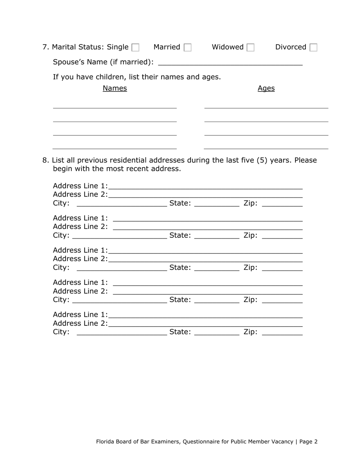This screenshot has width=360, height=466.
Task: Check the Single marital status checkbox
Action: pyautogui.click(x=135, y=48)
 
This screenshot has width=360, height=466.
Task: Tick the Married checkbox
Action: pyautogui.click(x=187, y=48)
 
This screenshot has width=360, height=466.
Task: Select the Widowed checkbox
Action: pyautogui.click(x=250, y=48)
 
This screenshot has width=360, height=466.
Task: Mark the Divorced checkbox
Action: pyautogui.click(x=313, y=48)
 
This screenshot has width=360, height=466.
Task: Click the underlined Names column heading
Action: pyautogui.click(x=115, y=88)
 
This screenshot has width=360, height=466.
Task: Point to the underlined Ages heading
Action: pyautogui.click(x=266, y=88)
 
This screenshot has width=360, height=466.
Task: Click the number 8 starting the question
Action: pyautogui.click(x=45, y=160)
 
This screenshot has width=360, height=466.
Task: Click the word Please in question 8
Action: pyautogui.click(x=305, y=160)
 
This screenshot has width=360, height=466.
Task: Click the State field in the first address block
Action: pyautogui.click(x=217, y=203)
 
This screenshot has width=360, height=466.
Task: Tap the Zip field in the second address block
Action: pyautogui.click(x=282, y=236)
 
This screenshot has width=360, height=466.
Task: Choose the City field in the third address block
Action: pyautogui.click(x=122, y=268)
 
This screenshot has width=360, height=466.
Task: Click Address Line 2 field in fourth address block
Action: pyautogui.click(x=208, y=291)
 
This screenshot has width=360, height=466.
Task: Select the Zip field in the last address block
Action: pyautogui.click(x=282, y=332)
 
